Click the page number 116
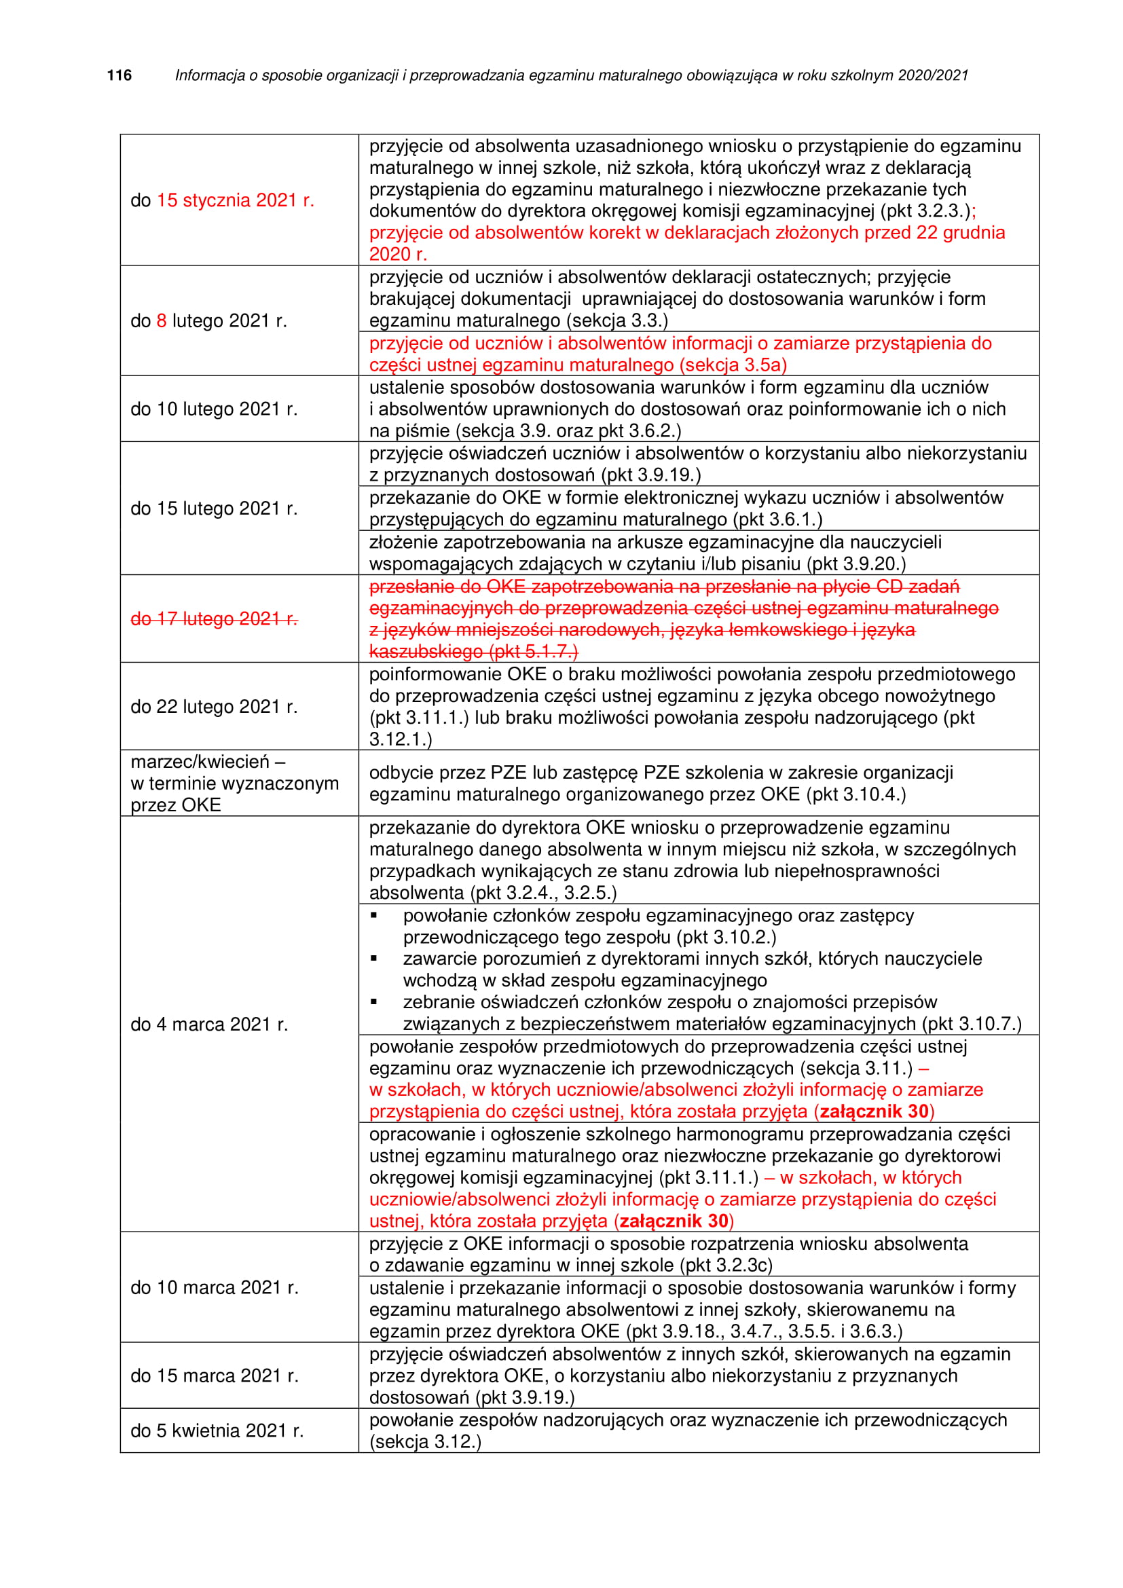(x=119, y=75)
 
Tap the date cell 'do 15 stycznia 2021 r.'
(x=222, y=200)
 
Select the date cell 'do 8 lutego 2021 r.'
(x=208, y=321)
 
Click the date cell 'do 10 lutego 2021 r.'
(x=214, y=409)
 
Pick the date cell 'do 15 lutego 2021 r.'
(x=214, y=509)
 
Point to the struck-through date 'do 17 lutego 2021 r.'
(x=214, y=619)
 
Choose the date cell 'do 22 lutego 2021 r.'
(x=214, y=707)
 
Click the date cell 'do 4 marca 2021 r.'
(x=209, y=1024)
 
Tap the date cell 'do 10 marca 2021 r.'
(x=215, y=1288)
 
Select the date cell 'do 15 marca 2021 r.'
(x=215, y=1375)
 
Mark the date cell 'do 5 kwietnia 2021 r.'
(x=217, y=1431)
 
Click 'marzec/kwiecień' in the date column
(x=200, y=762)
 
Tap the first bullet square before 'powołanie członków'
(x=374, y=916)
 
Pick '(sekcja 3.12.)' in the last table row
(x=425, y=1442)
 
